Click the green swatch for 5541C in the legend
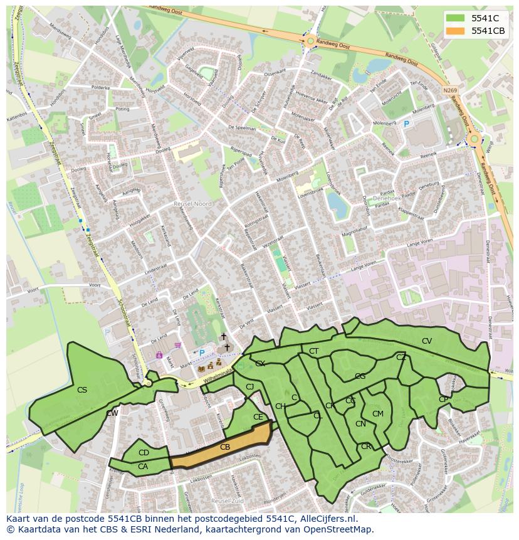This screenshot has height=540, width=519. tap(456, 18)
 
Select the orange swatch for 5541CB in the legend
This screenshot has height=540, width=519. tap(456, 31)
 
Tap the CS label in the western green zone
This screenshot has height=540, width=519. tap(82, 390)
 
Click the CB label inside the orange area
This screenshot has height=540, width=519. tap(225, 447)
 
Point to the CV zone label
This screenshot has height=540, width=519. tap(427, 341)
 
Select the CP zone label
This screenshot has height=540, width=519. tap(444, 400)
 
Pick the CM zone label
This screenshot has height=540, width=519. tap(378, 414)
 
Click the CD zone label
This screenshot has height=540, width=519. tap(144, 453)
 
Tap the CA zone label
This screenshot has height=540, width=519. tap(143, 466)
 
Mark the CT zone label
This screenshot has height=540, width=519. tap(314, 351)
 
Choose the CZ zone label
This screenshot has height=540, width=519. tap(401, 357)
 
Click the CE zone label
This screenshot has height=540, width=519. tap(258, 417)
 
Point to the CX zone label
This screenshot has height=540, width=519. tap(260, 364)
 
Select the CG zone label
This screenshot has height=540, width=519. tap(360, 376)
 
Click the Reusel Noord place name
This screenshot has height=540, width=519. tap(193, 204)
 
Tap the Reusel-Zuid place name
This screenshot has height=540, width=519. tap(226, 501)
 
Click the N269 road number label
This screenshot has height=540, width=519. tap(449, 90)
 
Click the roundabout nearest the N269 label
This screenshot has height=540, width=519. tap(474, 139)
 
